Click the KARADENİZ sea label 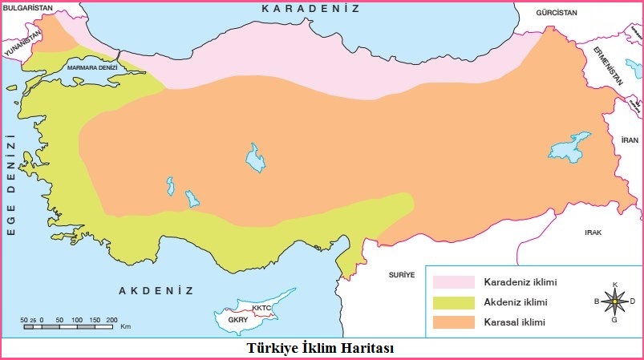(x=322, y=9)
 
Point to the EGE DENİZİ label (x=11, y=184)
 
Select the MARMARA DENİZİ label (x=92, y=68)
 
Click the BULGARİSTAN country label (x=26, y=6)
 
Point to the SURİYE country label (x=402, y=273)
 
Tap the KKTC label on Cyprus (x=261, y=308)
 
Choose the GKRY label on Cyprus (x=238, y=320)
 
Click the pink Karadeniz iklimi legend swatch (x=454, y=282)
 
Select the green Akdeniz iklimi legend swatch (x=454, y=302)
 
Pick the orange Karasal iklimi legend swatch (x=454, y=322)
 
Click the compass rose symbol (x=614, y=301)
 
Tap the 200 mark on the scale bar (x=111, y=319)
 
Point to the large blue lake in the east (x=569, y=148)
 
